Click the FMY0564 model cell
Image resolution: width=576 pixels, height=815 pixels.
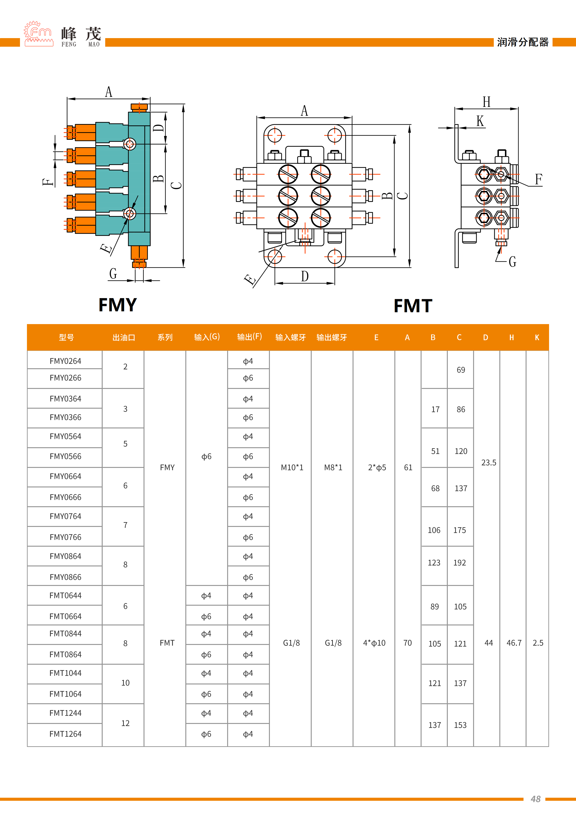(x=65, y=436)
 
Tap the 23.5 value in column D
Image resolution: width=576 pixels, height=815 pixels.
(x=488, y=463)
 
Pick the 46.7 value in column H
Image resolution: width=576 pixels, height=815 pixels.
(x=514, y=643)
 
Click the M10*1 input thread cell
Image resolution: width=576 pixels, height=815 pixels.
(x=292, y=467)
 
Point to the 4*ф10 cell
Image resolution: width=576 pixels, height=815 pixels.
(x=374, y=643)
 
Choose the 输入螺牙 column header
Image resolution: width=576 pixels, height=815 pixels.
(x=290, y=337)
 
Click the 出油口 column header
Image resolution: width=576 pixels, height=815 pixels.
(x=124, y=337)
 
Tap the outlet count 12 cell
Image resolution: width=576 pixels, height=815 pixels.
(x=125, y=723)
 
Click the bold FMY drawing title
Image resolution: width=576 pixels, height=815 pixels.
(x=118, y=305)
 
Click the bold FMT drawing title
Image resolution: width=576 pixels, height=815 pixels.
(x=413, y=306)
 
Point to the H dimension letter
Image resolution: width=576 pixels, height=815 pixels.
(x=486, y=102)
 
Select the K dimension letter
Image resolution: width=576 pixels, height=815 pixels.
(x=480, y=121)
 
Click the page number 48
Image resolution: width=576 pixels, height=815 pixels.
(x=535, y=799)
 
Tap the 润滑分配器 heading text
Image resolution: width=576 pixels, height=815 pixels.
(x=522, y=42)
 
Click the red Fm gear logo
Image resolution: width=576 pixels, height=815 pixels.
(x=38, y=34)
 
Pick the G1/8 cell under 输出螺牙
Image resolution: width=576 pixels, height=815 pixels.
(x=333, y=643)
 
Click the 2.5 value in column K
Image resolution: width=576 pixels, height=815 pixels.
(x=538, y=643)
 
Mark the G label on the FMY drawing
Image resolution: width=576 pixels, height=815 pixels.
(x=113, y=274)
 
